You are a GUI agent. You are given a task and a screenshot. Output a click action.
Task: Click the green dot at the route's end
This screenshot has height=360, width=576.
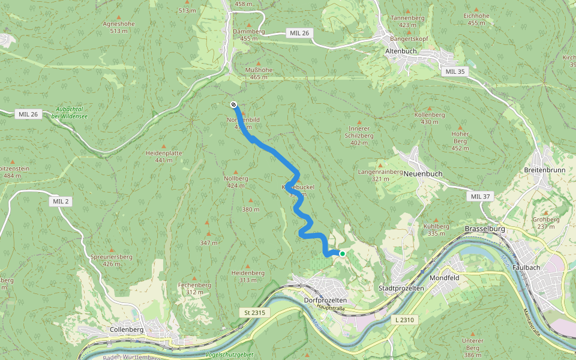click(343, 254)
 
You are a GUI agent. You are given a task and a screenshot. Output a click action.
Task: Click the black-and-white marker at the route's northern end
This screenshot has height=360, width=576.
click(233, 104)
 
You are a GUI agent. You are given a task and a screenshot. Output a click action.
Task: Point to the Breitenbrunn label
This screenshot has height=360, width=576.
click(545, 170)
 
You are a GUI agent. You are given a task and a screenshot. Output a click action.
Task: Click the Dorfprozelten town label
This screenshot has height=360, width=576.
click(317, 299)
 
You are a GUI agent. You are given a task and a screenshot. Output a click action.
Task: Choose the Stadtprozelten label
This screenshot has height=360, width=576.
click(401, 289)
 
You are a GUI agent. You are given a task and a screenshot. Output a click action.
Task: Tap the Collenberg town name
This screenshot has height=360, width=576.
click(127, 329)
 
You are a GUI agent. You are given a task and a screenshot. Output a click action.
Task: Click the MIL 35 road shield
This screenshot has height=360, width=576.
click(455, 71)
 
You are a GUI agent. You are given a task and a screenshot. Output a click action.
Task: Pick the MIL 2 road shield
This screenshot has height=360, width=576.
click(61, 202)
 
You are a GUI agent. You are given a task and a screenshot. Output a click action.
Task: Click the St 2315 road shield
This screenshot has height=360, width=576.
click(254, 313)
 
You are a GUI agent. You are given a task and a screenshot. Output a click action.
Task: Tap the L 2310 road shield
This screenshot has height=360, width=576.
click(405, 320)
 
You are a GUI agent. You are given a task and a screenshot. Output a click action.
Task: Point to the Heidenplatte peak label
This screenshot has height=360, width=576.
click(164, 153)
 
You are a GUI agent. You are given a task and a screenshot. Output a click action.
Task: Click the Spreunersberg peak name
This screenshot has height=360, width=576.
click(111, 257)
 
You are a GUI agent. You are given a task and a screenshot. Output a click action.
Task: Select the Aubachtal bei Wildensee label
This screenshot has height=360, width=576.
click(70, 112)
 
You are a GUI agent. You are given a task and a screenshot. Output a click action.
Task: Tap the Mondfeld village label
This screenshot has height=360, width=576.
click(445, 278)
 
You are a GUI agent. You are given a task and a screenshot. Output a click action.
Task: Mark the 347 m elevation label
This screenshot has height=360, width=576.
click(208, 242)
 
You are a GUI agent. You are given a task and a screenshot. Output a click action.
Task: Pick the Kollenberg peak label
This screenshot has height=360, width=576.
click(430, 115)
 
